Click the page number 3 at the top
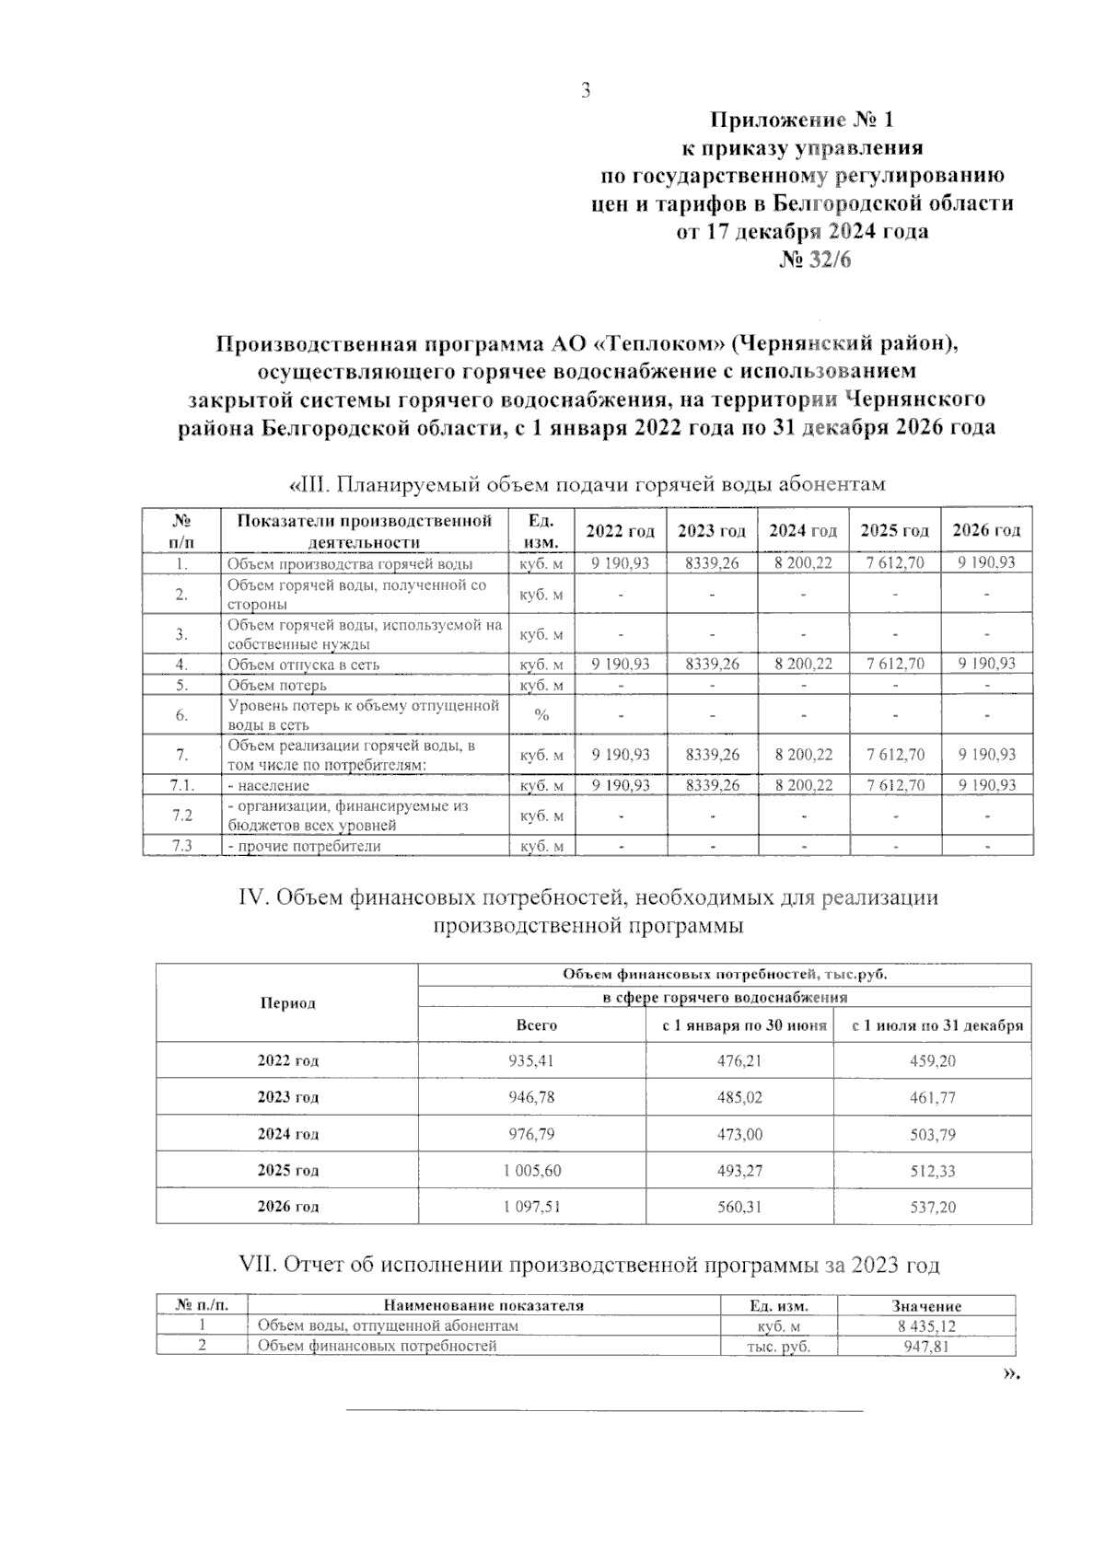point(585,90)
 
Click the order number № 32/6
point(816,260)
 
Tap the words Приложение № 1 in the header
point(801,120)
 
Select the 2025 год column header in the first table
point(894,531)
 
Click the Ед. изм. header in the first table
point(542,531)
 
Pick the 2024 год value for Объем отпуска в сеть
point(803,664)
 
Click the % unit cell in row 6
point(542,715)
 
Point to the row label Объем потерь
point(277,685)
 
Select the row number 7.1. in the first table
point(182,785)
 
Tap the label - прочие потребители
point(304,846)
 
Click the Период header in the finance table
point(287,1003)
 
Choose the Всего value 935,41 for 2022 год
point(531,1060)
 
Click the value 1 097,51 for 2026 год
point(532,1207)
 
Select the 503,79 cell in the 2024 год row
point(933,1134)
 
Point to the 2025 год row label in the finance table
point(287,1171)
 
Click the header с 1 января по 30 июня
point(739,1025)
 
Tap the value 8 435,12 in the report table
point(926,1326)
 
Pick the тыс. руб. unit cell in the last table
point(778,1347)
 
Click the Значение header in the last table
point(926,1306)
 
